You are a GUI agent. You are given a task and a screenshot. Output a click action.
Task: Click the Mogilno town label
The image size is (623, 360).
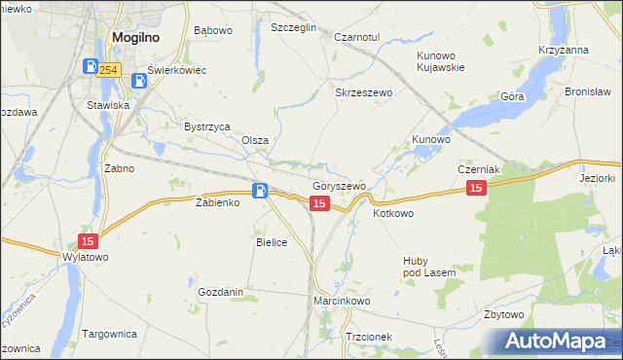coord(135,38)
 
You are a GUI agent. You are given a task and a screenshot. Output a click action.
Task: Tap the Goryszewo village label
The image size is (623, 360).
coord(339,186)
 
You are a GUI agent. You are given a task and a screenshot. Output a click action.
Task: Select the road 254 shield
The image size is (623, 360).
coord(109,69)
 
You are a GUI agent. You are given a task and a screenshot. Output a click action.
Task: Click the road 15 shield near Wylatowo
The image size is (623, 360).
coord(88,240)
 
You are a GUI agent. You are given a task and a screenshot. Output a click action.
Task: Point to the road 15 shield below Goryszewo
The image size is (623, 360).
coord(319,202)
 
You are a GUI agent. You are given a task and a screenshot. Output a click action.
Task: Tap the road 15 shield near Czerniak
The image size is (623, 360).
coord(475,188)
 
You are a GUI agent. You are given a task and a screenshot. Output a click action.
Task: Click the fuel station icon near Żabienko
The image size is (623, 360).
coord(260,191)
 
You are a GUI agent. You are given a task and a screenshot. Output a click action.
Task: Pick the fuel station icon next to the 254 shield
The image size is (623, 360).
coord(90,67)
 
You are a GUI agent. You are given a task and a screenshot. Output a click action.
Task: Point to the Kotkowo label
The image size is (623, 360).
coord(393,213)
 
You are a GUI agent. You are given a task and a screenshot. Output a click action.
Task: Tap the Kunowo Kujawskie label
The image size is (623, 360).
coord(440,61)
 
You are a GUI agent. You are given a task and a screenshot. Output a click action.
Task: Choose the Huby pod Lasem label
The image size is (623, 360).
coord(429,267)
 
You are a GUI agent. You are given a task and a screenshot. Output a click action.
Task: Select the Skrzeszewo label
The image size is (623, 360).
coord(362,92)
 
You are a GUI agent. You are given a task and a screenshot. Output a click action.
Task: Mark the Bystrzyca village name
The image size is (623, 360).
coord(206,126)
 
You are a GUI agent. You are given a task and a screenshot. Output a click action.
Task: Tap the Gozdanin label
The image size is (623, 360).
coord(220,292)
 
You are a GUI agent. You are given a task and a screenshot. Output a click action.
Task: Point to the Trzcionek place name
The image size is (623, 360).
coord(368,337)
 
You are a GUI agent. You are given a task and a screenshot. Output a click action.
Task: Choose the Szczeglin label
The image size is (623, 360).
coord(294,28)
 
